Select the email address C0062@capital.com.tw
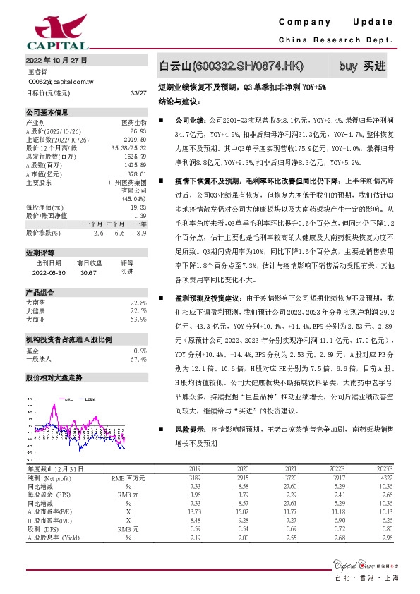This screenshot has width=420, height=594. click(61, 82)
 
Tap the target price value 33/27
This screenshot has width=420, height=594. click(138, 92)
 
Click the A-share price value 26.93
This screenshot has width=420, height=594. click(138, 131)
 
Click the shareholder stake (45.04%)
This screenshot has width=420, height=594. click(132, 198)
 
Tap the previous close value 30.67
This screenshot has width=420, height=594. click(89, 271)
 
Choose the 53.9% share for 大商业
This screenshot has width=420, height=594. click(138, 320)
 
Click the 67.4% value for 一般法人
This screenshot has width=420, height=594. click(138, 359)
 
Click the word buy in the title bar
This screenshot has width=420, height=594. click(347, 66)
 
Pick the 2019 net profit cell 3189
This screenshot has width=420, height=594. click(196, 478)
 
